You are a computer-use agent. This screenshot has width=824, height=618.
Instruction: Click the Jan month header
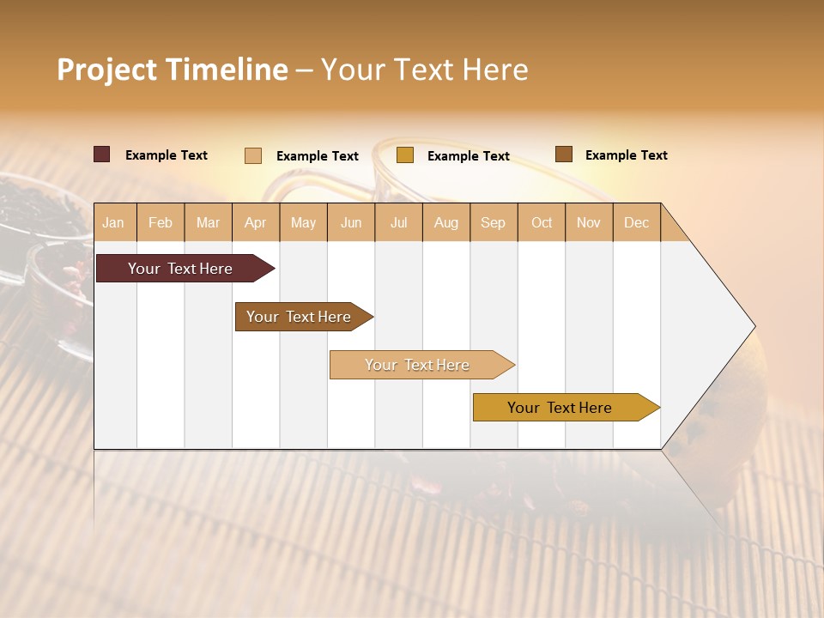[113, 222]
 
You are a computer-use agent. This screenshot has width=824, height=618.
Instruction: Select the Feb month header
[161, 222]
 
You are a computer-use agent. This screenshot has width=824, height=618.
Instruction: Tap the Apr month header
[255, 222]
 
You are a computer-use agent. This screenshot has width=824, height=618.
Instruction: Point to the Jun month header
[351, 222]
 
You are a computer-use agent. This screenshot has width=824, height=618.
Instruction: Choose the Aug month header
[446, 222]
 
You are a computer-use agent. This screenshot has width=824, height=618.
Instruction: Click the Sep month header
[493, 222]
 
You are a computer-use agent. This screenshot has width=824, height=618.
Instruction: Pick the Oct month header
[542, 222]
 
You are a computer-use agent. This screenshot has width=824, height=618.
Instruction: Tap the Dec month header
[636, 222]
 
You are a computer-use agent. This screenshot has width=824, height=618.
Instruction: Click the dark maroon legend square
[102, 154]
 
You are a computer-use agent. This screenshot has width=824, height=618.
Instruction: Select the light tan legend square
[253, 155]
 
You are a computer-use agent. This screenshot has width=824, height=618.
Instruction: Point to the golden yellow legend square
[405, 155]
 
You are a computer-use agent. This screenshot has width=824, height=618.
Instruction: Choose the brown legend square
[564, 154]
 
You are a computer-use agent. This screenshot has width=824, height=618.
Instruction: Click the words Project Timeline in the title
[173, 70]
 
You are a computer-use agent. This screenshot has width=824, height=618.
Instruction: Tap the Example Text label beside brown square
[626, 155]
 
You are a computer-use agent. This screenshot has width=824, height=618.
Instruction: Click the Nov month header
[589, 222]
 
